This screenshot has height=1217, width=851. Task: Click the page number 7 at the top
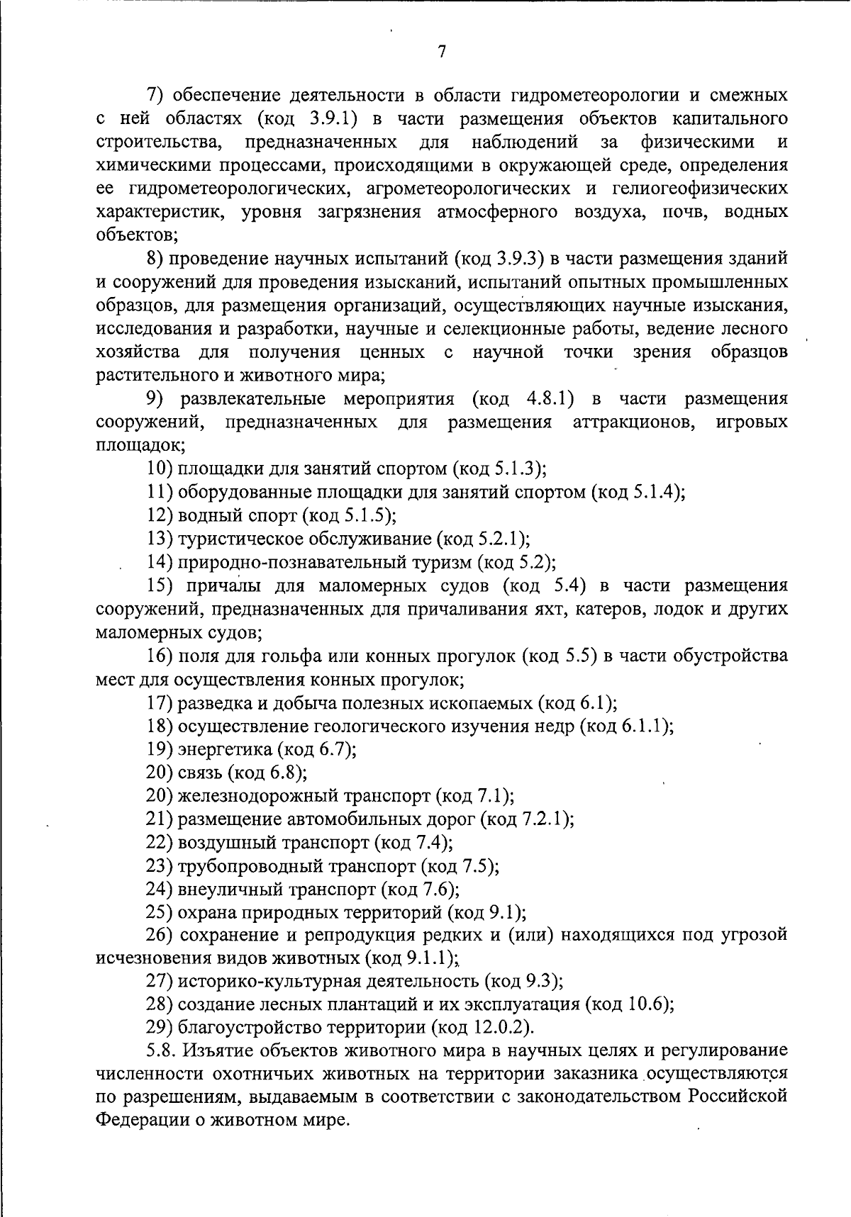[x=441, y=52]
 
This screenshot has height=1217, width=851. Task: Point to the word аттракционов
[x=633, y=422]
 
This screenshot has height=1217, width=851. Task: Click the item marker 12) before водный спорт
[x=160, y=515]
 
